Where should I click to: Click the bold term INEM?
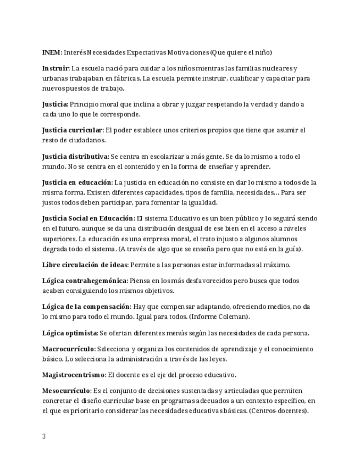pyautogui.click(x=52, y=52)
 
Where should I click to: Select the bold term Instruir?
pyautogui.click(x=56, y=68)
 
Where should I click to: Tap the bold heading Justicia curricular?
pyautogui.click(x=72, y=130)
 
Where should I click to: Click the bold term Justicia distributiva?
pyautogui.click(x=75, y=157)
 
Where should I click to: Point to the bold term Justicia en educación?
pyautogui.click(x=77, y=182)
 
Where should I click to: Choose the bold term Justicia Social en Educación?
pyautogui.click(x=88, y=218)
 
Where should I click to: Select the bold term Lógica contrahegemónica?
pyautogui.click(x=85, y=280)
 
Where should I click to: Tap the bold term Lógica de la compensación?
pyautogui.click(x=86, y=306)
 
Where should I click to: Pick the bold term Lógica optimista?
pyautogui.click(x=70, y=332)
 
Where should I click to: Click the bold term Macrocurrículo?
pyautogui.click(x=69, y=349)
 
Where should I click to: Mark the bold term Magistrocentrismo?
pyautogui.click(x=74, y=375)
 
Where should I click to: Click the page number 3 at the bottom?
pyautogui.click(x=44, y=437)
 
